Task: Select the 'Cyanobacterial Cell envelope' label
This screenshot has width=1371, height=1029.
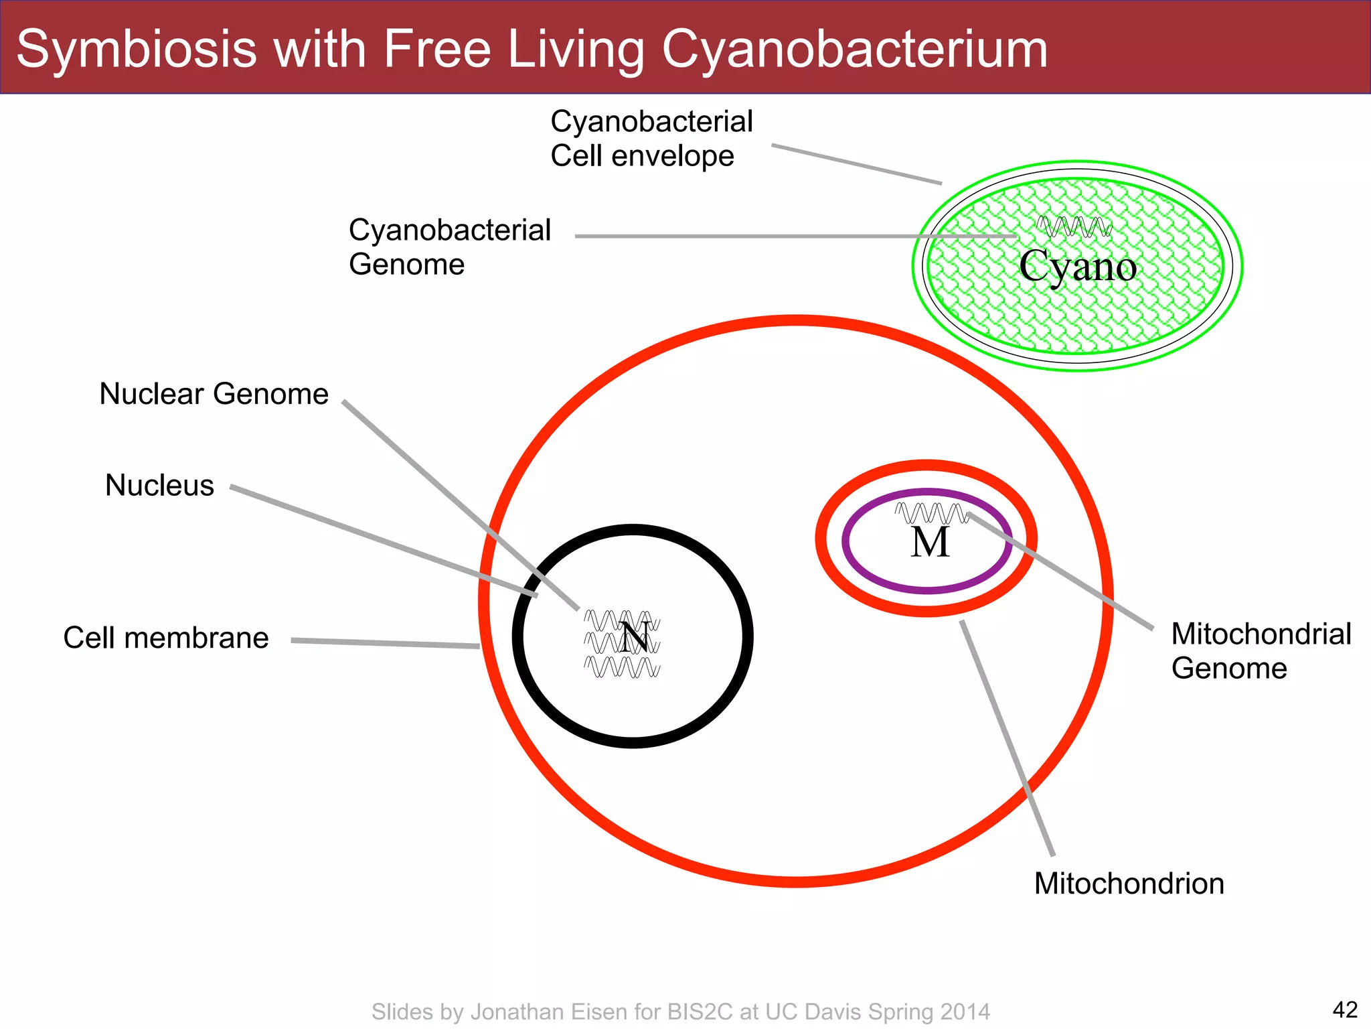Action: coord(651,139)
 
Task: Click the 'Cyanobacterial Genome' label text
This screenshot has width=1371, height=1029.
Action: coord(449,247)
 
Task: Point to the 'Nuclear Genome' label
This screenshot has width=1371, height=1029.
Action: coord(214,394)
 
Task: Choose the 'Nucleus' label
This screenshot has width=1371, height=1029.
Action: coord(159,485)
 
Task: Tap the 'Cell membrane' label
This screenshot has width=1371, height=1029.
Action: coord(165,638)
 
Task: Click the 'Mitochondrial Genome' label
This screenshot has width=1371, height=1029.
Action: coord(1261,650)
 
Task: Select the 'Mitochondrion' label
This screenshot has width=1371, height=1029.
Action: coord(1129,884)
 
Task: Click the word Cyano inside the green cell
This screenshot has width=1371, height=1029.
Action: coord(1078,267)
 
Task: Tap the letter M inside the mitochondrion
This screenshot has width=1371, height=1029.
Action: coord(930,542)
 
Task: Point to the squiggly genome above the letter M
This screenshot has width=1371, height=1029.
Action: coord(931,513)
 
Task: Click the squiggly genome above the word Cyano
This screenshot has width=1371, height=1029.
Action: coord(1074,226)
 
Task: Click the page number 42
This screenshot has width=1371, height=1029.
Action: coord(1345,1009)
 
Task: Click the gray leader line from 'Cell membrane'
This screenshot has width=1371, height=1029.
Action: coord(385,643)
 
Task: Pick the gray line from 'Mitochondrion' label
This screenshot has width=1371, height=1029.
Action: coord(1007,737)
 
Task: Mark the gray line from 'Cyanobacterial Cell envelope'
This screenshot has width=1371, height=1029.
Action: coord(856,163)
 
